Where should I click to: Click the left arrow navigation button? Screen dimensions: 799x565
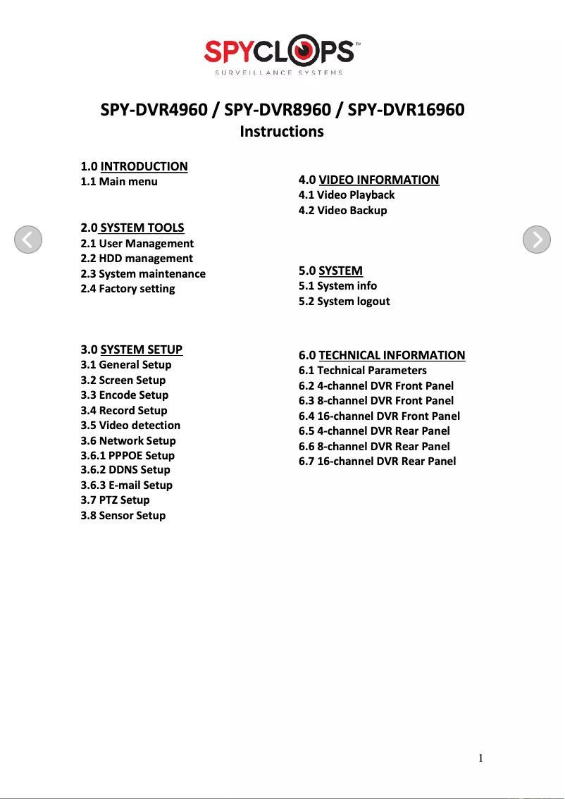(28, 240)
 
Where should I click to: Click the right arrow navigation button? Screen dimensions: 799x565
(537, 240)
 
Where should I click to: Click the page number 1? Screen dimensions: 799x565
(480, 758)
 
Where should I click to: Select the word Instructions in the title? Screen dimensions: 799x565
(282, 132)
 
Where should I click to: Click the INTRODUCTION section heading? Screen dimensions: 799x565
(144, 166)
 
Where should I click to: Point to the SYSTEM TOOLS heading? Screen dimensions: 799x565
(142, 228)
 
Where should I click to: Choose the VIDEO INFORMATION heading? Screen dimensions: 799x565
(378, 180)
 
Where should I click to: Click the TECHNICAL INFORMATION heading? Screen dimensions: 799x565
(392, 355)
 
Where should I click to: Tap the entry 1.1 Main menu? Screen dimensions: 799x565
(119, 182)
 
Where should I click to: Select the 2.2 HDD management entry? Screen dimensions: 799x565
(137, 259)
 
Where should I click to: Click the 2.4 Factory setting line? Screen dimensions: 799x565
(128, 289)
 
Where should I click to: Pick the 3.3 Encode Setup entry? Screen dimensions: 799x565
(125, 395)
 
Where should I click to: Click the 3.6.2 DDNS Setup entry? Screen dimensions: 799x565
(125, 470)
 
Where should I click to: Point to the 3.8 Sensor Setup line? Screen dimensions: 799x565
(123, 516)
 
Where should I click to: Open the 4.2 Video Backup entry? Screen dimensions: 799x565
(343, 210)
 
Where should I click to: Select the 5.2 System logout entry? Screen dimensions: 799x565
(344, 302)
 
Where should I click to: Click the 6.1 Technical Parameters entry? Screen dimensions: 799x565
(363, 371)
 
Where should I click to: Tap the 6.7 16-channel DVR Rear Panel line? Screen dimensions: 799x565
(378, 462)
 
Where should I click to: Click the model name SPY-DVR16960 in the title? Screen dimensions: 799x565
(406, 111)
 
